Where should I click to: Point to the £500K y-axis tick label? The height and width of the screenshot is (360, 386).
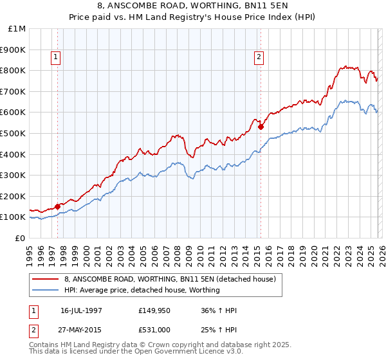click(14, 134)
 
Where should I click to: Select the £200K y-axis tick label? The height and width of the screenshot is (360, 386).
click(14, 196)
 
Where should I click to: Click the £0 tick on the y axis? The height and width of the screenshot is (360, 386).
click(21, 238)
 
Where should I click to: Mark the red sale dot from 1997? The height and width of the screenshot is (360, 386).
click(58, 206)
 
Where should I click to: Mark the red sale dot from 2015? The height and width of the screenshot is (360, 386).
click(261, 127)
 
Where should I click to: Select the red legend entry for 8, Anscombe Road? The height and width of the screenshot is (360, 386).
click(170, 279)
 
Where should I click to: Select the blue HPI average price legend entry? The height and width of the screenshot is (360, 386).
click(142, 290)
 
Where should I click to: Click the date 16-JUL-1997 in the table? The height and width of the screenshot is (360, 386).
click(81, 310)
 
